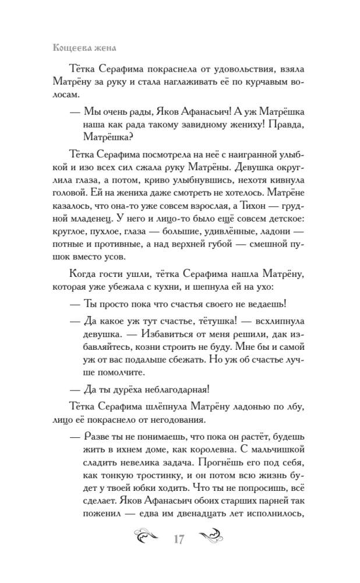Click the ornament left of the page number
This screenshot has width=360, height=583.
[x=150, y=537]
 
